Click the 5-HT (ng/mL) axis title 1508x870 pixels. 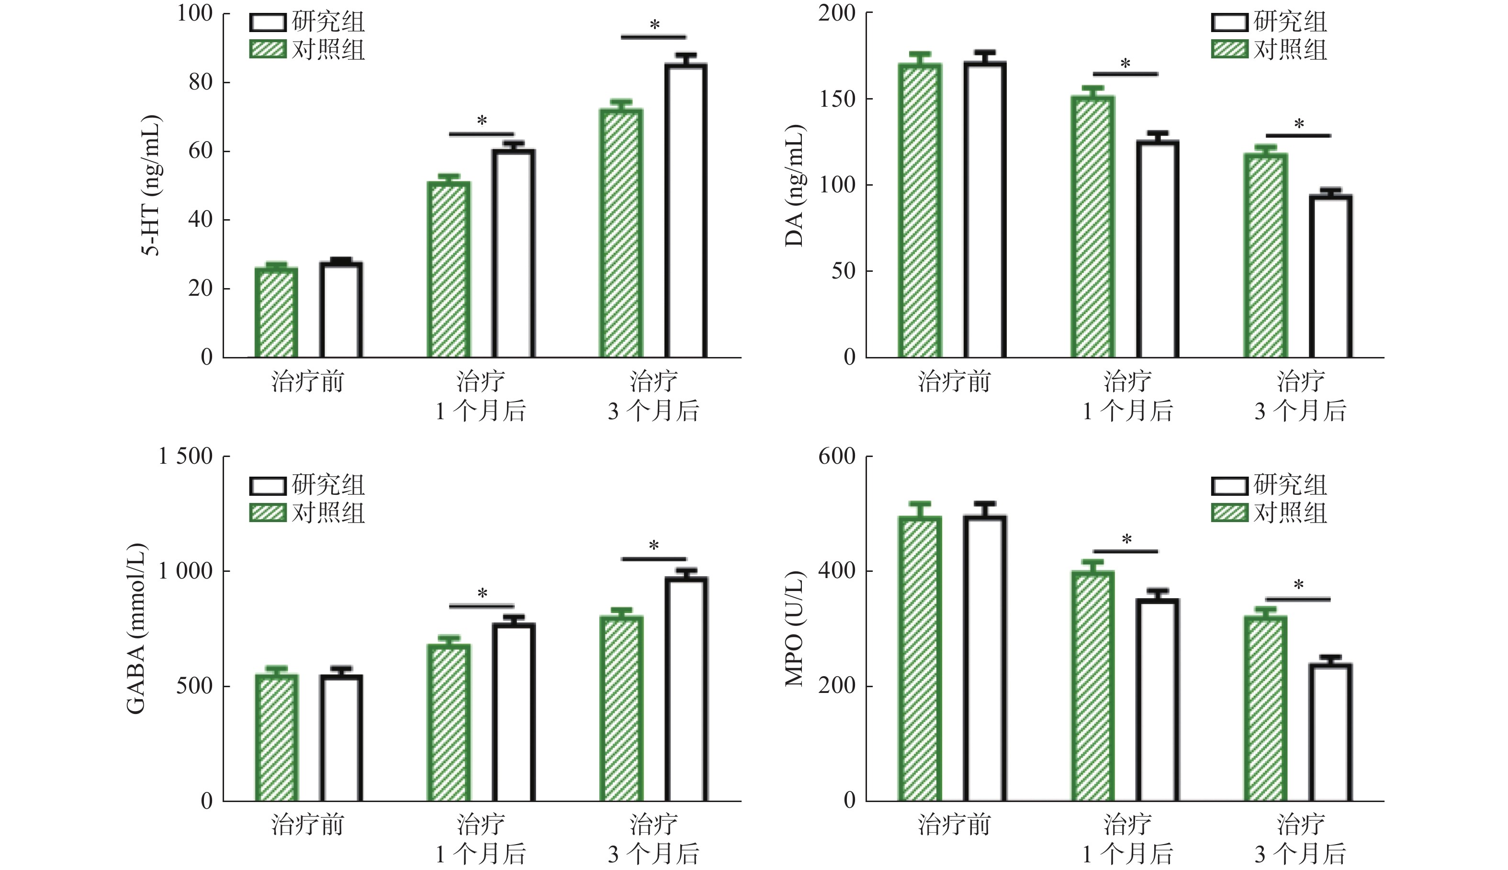(151, 185)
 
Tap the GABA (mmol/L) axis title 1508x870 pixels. (136, 629)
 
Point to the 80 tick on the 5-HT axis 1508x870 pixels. (201, 82)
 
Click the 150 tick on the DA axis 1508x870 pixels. (837, 99)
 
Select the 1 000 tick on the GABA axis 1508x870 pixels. (185, 571)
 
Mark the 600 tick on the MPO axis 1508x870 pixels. (837, 457)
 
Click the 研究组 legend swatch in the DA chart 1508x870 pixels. (1229, 22)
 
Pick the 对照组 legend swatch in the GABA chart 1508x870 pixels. (267, 513)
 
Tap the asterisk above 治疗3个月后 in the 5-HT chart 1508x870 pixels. (654, 25)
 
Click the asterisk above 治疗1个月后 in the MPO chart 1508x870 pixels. (1126, 540)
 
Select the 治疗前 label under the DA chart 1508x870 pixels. (954, 381)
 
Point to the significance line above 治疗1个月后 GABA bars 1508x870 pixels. (481, 606)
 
